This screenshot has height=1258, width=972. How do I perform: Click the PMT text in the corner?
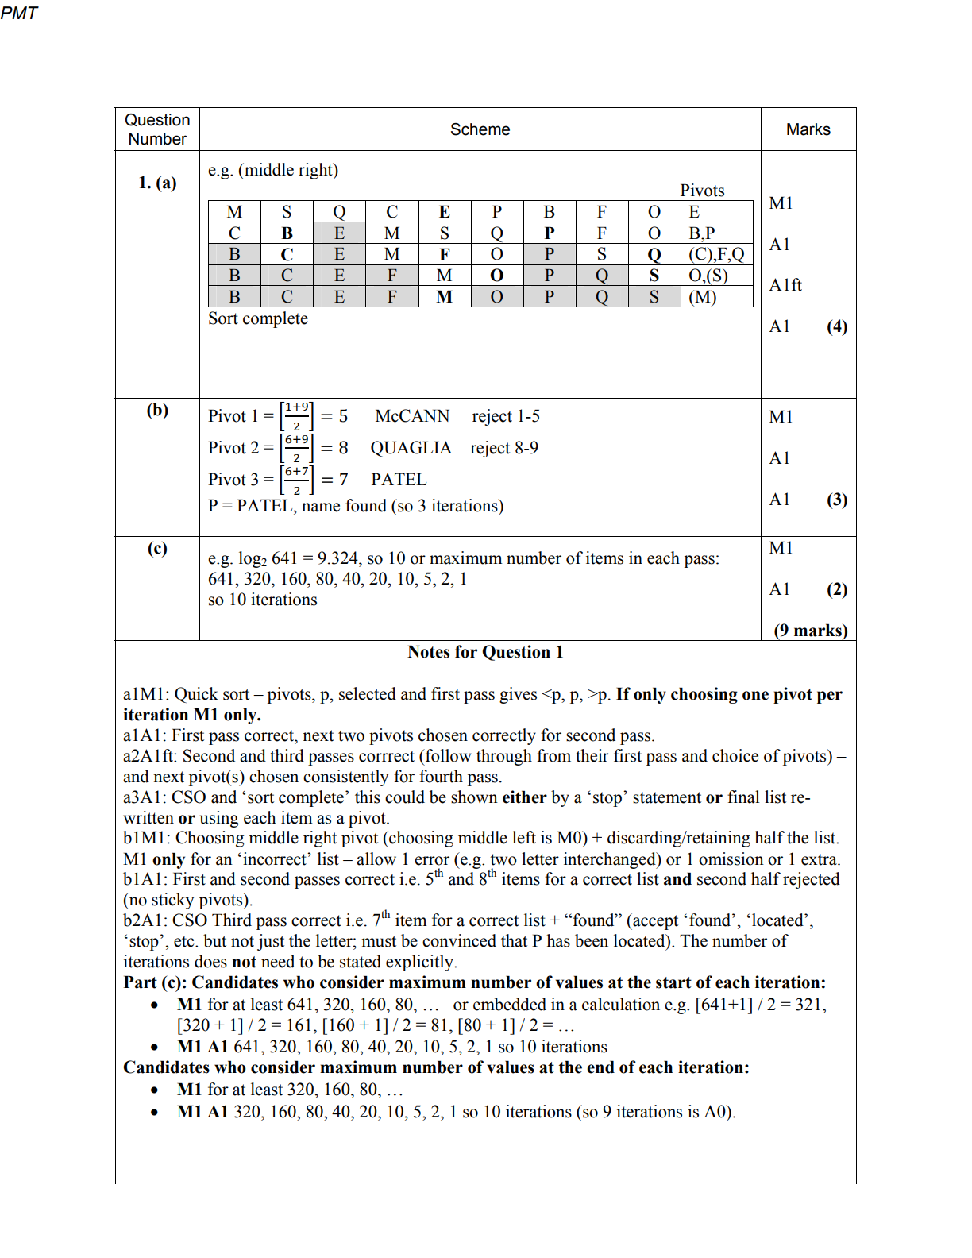[19, 13]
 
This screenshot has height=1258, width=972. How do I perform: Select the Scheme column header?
[480, 129]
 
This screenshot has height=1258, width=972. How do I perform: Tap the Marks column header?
[808, 129]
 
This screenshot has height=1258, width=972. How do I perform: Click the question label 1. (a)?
[157, 183]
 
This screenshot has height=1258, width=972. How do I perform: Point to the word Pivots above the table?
[702, 191]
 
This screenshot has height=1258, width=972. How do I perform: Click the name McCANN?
[412, 416]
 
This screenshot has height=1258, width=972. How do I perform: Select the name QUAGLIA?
[411, 448]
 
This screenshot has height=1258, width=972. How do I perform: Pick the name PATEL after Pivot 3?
[399, 480]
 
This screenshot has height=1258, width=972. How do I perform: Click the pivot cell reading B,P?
[702, 233]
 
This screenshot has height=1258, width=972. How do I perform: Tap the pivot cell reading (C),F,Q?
[716, 254]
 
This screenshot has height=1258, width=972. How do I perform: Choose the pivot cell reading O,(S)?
[708, 276]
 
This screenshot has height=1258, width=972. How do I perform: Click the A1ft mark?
[785, 285]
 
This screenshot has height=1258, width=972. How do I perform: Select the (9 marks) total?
[811, 631]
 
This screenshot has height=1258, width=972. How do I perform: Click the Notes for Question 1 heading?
[485, 652]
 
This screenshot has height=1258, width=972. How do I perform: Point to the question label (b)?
[157, 410]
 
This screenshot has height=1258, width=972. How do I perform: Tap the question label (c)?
[157, 548]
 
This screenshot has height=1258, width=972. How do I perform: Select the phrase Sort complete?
[258, 318]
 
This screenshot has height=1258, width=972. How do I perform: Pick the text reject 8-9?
[504, 448]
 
